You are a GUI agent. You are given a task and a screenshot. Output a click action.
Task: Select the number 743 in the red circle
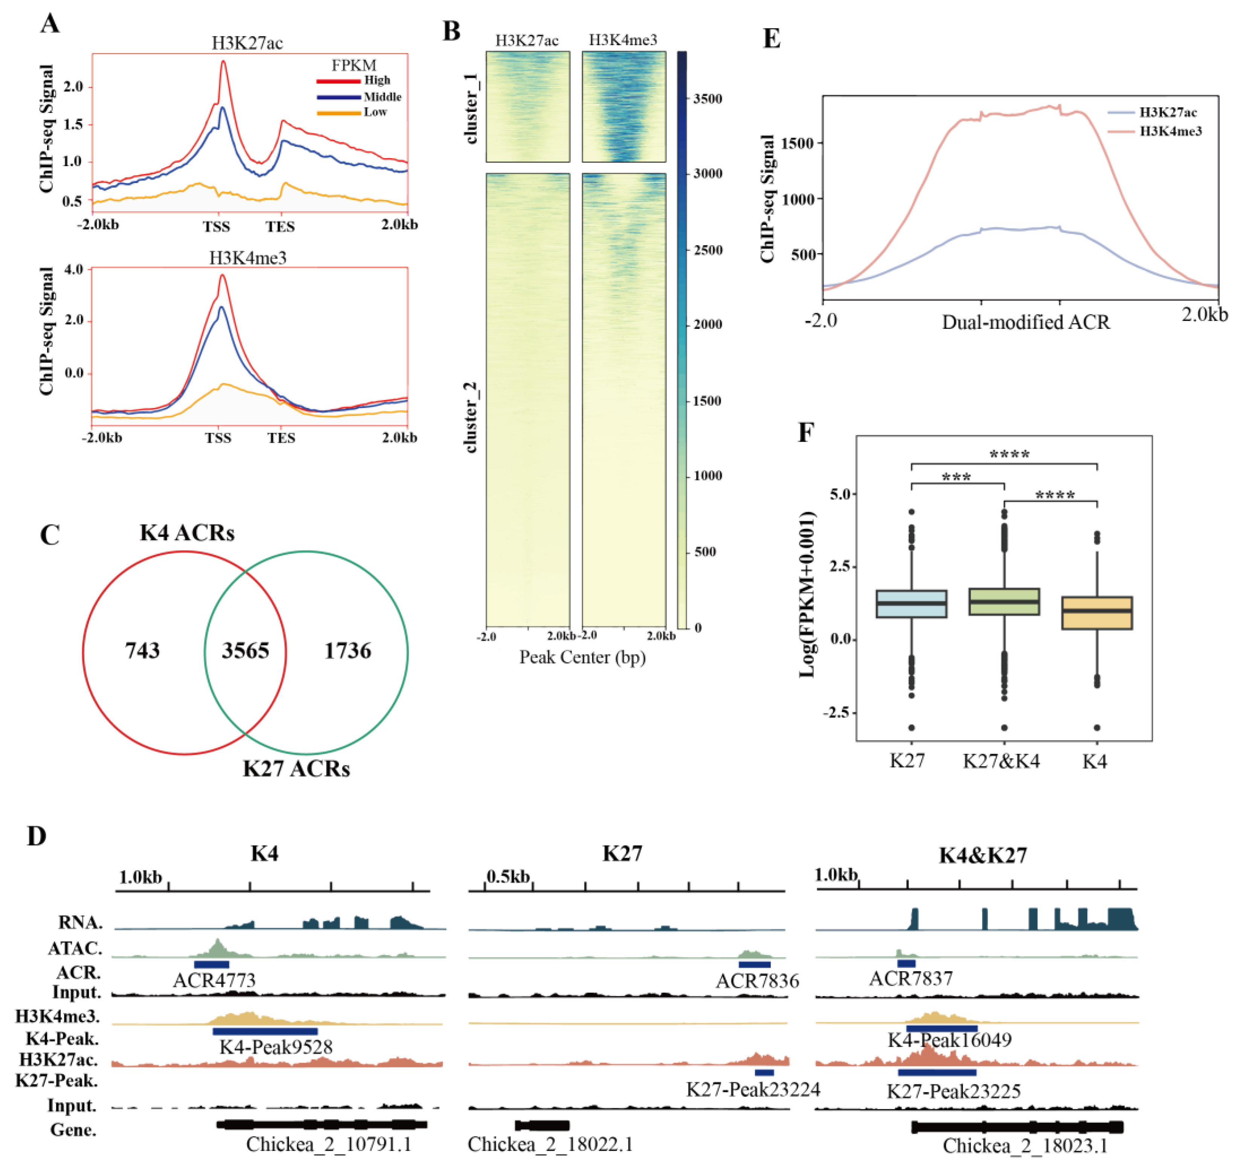click(143, 650)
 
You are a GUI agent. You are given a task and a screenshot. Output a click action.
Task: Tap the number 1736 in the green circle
click(347, 650)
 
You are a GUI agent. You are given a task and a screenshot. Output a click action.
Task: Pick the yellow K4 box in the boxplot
click(1097, 613)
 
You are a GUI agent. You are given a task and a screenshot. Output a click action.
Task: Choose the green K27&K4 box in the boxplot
click(1003, 602)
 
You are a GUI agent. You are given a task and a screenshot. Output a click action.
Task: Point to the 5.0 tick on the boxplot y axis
click(842, 494)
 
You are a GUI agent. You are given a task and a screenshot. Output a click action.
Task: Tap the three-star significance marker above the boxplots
click(956, 478)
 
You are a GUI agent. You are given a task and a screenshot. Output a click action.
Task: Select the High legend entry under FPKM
click(377, 80)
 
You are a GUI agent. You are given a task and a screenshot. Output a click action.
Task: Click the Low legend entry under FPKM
click(376, 112)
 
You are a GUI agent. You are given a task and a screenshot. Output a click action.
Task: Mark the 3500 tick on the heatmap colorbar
click(708, 98)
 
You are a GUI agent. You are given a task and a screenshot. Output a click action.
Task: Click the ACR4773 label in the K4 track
click(214, 980)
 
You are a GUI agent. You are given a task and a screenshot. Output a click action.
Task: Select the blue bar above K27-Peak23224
click(764, 1072)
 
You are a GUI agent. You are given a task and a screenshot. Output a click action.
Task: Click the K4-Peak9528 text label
click(276, 1047)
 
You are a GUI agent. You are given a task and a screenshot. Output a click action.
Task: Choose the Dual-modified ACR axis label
click(1025, 322)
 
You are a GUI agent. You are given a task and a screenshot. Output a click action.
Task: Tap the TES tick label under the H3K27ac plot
click(280, 227)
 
